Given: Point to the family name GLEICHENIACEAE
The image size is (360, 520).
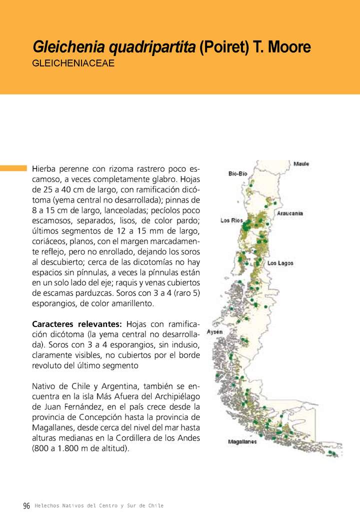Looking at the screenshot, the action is coord(73,64).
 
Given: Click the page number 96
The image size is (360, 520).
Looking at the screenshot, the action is coord(26,506).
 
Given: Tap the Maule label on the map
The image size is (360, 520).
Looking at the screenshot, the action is coord(301,164).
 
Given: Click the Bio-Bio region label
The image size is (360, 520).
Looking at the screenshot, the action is coord(237,173).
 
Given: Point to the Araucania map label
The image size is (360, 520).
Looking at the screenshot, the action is coord(290,213).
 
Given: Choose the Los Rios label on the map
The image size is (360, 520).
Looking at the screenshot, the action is coord(231,220).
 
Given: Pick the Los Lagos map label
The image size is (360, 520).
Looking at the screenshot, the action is coord(280,263).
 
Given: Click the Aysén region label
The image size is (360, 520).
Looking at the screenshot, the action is coord(214,331).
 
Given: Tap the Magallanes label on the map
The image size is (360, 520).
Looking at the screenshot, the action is coord(242,442).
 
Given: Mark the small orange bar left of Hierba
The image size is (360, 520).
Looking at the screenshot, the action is coord(13,168).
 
